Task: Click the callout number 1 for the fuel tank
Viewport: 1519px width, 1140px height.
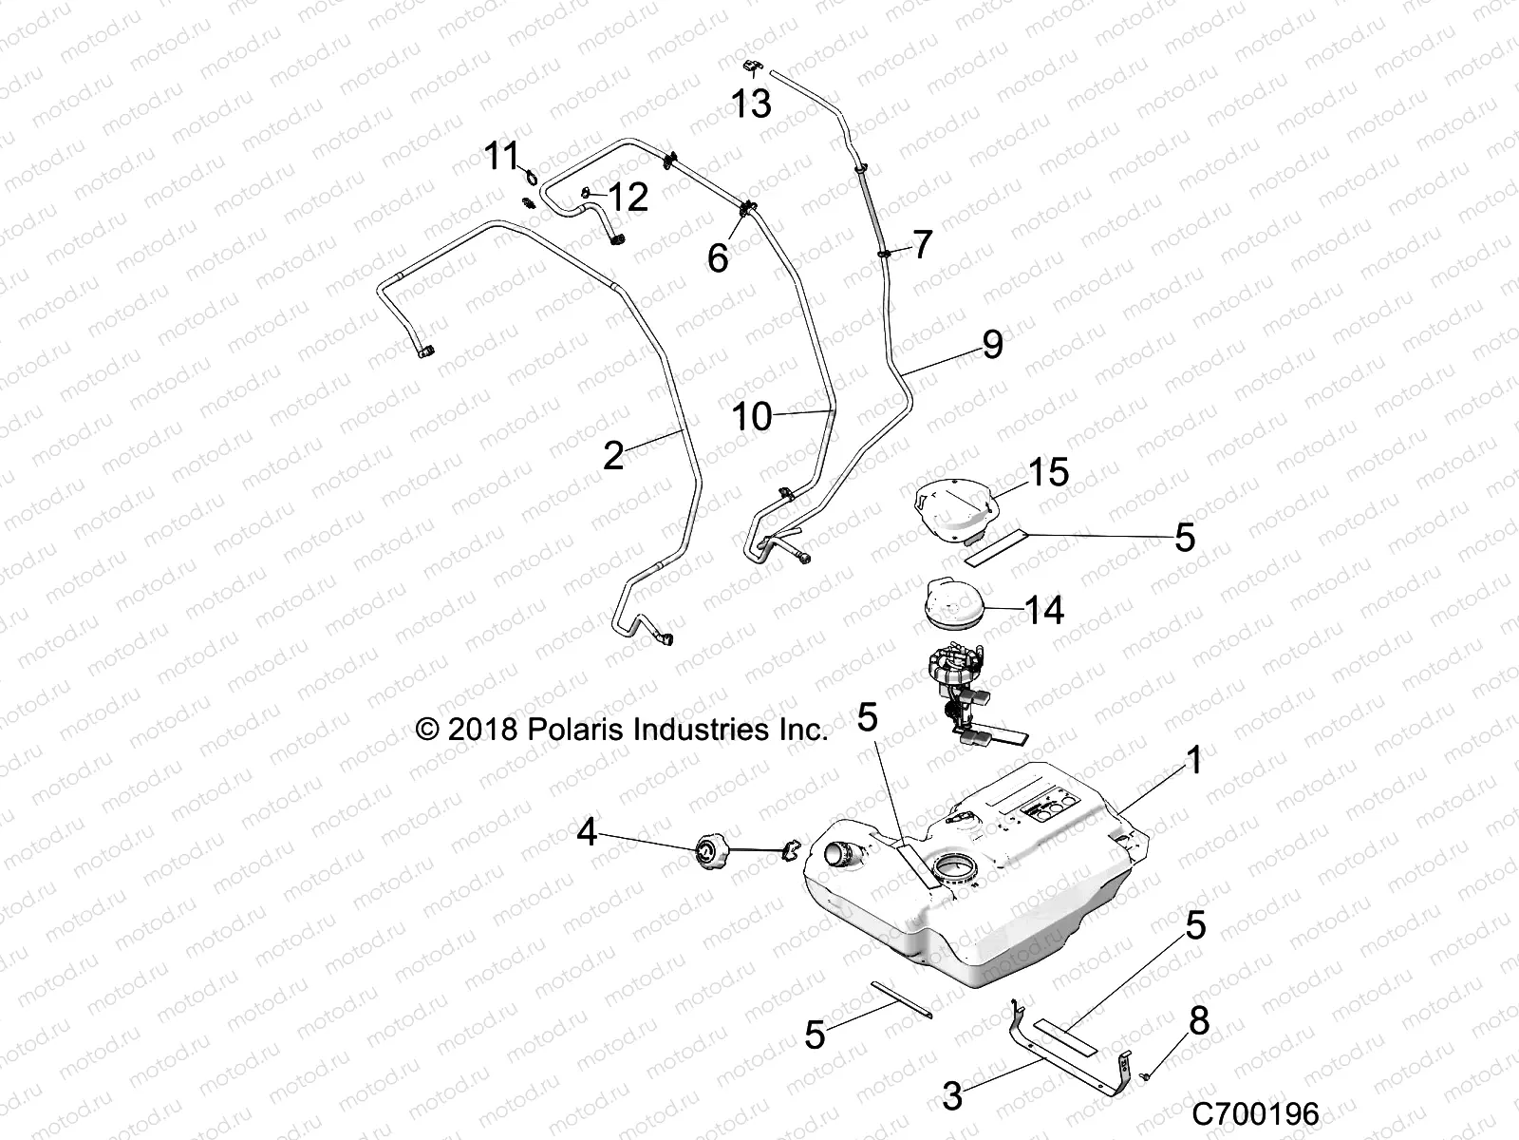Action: (x=1194, y=760)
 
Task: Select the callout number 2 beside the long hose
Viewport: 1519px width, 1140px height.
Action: (x=614, y=456)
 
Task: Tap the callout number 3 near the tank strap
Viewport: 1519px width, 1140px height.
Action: (x=952, y=1095)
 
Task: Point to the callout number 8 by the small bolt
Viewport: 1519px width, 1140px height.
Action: (x=1199, y=1021)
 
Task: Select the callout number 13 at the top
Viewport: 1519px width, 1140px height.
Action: (x=751, y=104)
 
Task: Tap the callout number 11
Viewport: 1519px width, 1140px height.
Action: (x=503, y=155)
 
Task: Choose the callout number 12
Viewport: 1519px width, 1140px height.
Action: (x=628, y=198)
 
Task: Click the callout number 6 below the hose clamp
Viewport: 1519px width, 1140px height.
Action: (x=718, y=257)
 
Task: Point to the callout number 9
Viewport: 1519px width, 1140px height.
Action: (x=992, y=344)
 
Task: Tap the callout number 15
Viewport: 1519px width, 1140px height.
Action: (x=1048, y=472)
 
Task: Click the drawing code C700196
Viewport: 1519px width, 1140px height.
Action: (x=1255, y=1113)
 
